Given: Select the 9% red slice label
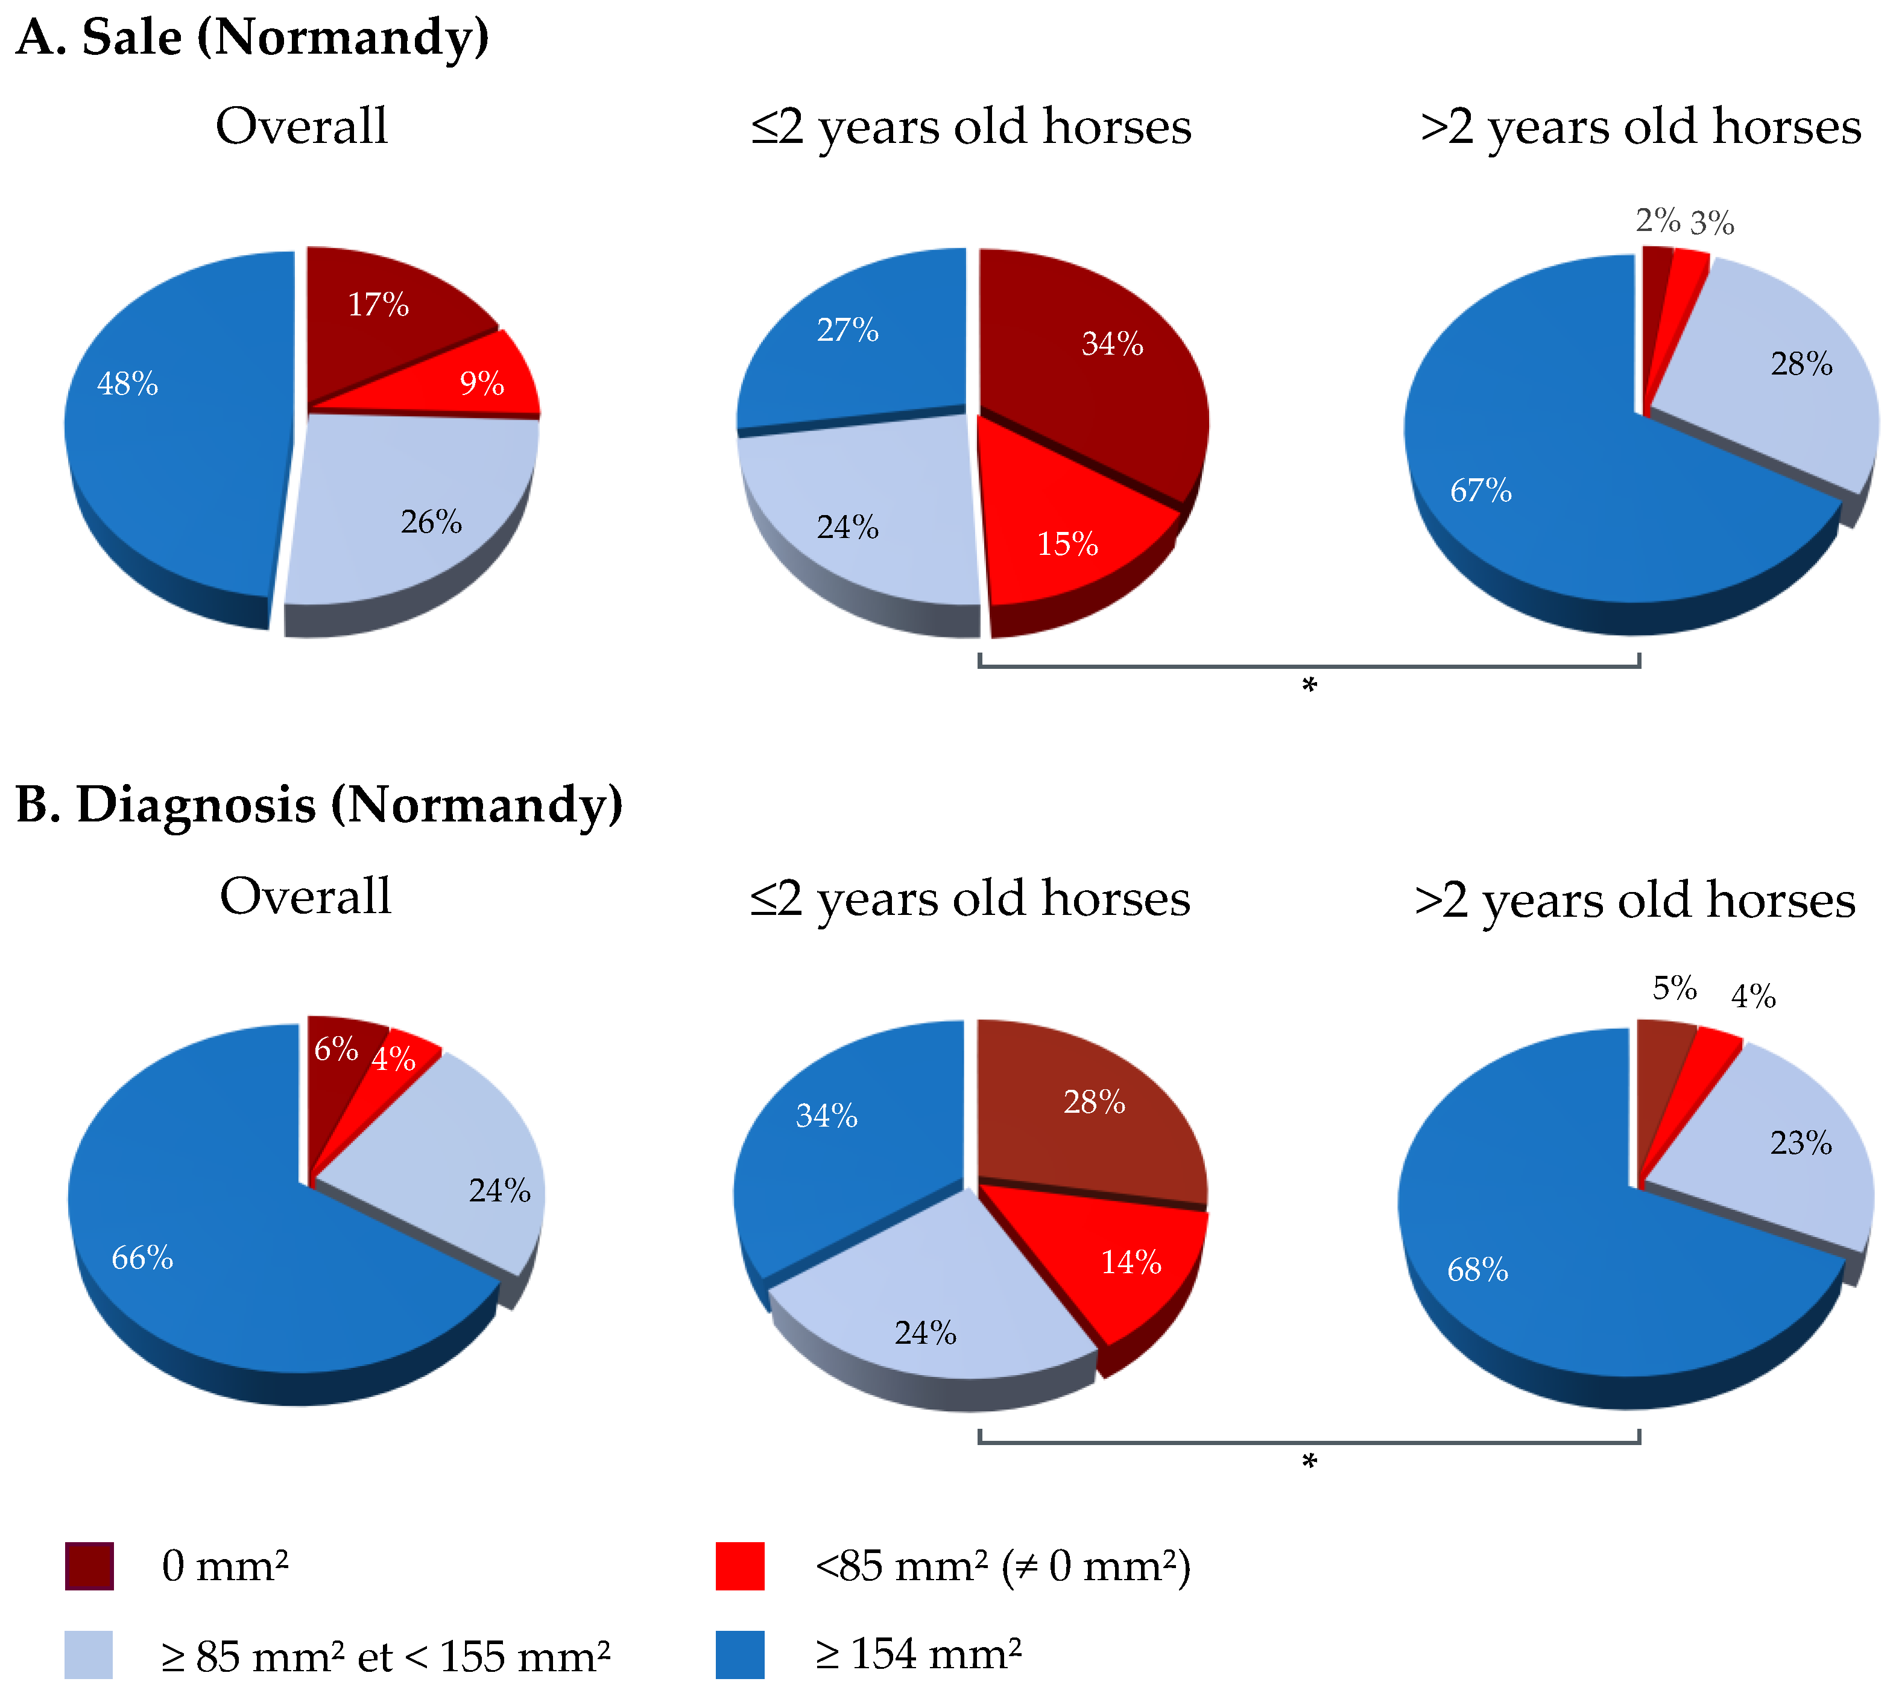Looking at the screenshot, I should coord(482,384).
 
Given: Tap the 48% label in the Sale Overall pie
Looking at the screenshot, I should coord(127,384).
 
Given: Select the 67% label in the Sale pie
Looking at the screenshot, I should coord(1481,490).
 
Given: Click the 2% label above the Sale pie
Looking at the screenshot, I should coord(1657,221).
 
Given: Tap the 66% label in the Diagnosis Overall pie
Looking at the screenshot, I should coord(142,1258).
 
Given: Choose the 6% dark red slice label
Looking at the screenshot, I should coord(336,1049).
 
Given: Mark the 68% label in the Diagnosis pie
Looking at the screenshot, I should coord(1477,1270).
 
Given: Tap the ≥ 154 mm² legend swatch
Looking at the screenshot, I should coord(740,1654).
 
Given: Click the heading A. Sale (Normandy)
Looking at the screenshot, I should coord(253,37).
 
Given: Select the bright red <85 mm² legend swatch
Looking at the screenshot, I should coord(740,1566).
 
